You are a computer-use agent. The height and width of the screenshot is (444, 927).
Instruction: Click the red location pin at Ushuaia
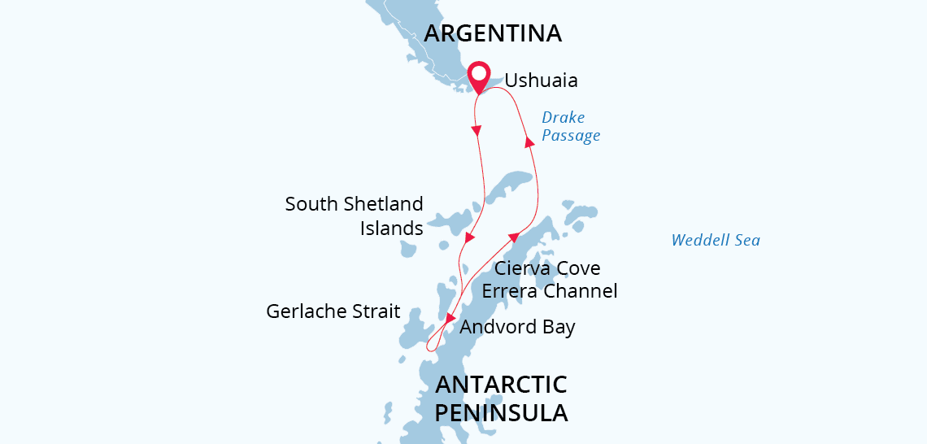(479, 78)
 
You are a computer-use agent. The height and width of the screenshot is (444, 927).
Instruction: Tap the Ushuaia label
(541, 81)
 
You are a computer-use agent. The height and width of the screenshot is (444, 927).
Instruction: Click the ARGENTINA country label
(493, 33)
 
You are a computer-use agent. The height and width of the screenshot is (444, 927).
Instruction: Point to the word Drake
(563, 118)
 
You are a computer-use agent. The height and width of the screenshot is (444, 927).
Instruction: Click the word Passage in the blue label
(571, 136)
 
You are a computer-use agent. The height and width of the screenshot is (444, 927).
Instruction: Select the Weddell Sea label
(716, 240)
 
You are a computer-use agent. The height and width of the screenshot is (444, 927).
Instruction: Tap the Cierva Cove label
(547, 268)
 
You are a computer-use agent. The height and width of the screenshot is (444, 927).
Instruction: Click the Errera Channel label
(550, 291)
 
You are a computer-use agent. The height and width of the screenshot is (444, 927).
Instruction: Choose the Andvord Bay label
(517, 328)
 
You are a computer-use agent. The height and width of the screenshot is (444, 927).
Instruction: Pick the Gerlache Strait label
(333, 311)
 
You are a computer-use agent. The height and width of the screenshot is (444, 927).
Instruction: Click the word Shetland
(384, 204)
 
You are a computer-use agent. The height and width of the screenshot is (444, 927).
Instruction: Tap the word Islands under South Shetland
(392, 229)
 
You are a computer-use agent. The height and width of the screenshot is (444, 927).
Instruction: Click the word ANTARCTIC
(501, 385)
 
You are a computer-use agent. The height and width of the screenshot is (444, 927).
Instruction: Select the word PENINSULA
(501, 412)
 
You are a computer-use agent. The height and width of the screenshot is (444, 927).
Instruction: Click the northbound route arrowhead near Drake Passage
(529, 143)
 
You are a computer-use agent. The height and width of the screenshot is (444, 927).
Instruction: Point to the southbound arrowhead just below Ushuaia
(477, 130)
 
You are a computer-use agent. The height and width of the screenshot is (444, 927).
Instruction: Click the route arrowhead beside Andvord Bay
(450, 318)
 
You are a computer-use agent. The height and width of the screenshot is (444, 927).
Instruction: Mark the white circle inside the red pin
(479, 74)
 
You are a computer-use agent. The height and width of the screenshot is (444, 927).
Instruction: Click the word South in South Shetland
(311, 204)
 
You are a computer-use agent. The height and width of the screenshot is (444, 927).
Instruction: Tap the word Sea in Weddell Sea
(746, 240)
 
